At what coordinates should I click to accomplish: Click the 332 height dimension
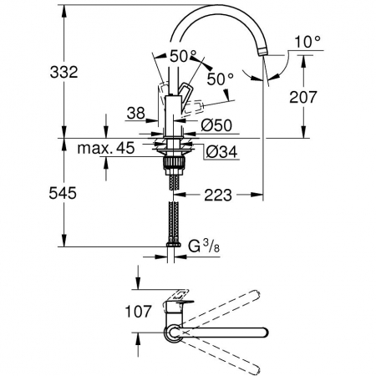pyautogui.click(x=64, y=72)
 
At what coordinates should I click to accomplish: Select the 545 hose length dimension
pyautogui.click(x=63, y=193)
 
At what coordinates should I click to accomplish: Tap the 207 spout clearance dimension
pyautogui.click(x=303, y=97)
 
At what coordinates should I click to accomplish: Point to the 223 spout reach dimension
pyautogui.click(x=218, y=195)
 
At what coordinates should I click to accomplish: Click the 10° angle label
pyautogui.click(x=307, y=42)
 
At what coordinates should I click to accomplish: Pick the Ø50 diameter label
pyautogui.click(x=216, y=125)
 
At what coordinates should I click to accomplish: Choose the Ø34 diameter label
pyautogui.click(x=221, y=152)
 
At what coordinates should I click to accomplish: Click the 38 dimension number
pyautogui.click(x=136, y=113)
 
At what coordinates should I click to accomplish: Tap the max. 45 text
pyautogui.click(x=106, y=148)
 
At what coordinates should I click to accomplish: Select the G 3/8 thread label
pyautogui.click(x=204, y=246)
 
